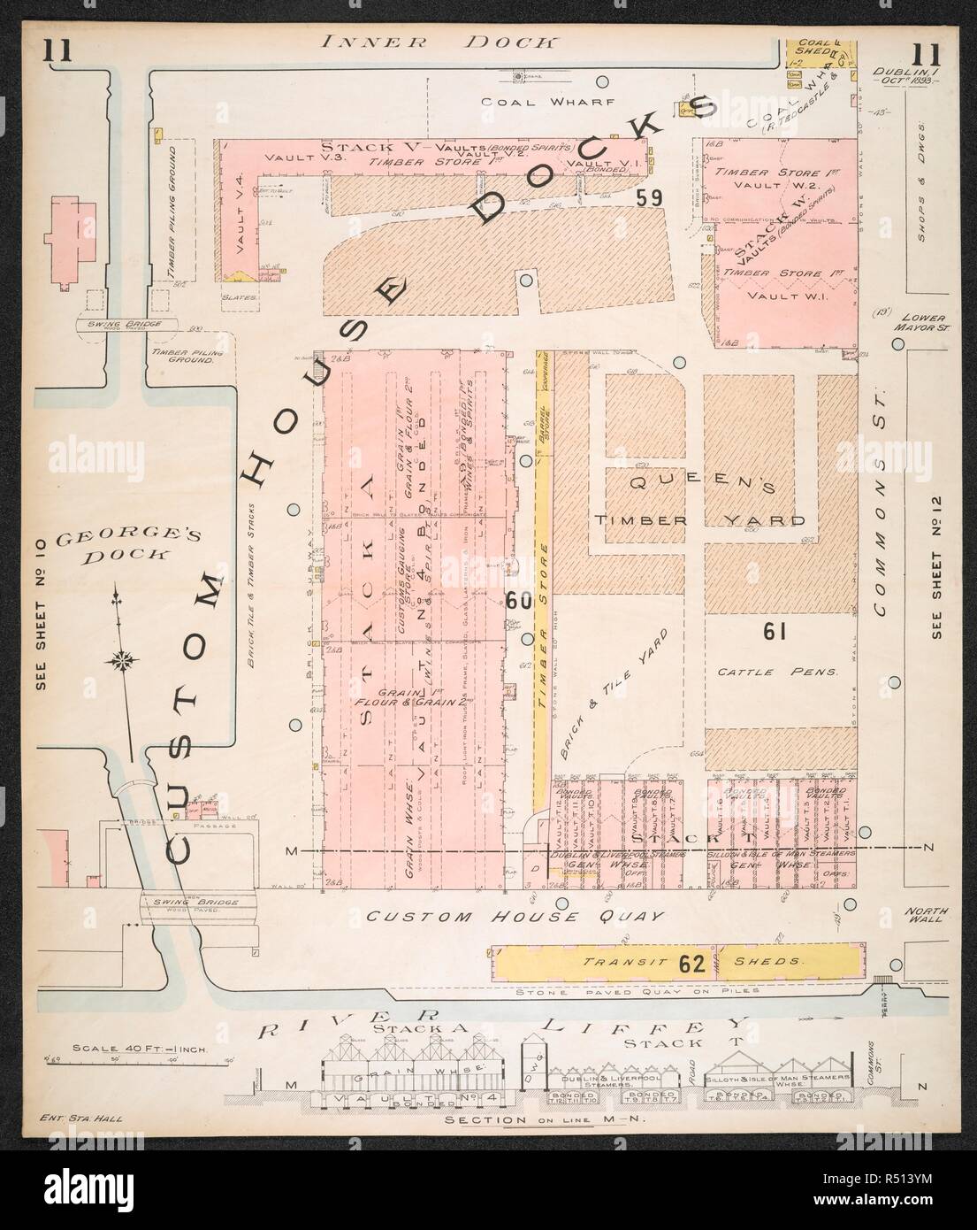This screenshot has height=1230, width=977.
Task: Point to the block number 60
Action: [519, 601]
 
